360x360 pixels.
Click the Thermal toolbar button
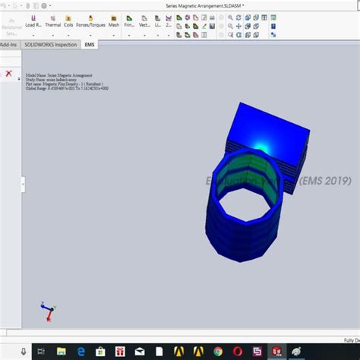pos(52,19)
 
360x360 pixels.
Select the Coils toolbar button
pos(69,19)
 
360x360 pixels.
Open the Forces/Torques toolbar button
pos(90,19)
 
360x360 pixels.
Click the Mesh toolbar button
pos(113,19)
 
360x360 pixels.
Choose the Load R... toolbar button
pos(33,19)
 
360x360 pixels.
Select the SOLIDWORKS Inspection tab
pos(51,45)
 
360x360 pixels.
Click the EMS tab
pos(90,45)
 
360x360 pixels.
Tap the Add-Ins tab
pos(9,45)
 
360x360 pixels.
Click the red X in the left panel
pos(8,74)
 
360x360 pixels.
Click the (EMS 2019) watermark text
pos(325,181)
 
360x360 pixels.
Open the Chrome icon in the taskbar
pos(218,350)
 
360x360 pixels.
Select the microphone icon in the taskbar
pos(24,350)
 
